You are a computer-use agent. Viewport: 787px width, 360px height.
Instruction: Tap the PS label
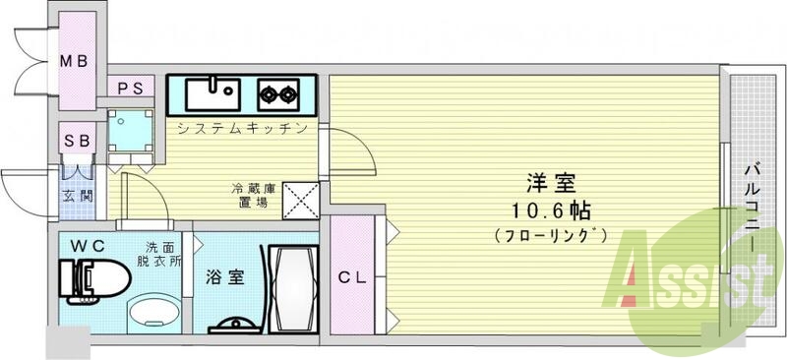(131, 88)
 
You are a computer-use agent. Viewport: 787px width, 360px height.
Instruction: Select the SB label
(78, 141)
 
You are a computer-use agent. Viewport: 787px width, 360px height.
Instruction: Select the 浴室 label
(225, 278)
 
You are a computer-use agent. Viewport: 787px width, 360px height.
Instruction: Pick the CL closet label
(352, 278)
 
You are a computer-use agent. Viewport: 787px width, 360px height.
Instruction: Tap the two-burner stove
(278, 95)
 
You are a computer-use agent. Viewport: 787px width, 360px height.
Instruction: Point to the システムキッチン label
(242, 129)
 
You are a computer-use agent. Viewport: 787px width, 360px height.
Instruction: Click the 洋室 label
(550, 184)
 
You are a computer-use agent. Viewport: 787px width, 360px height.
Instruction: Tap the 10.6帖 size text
(550, 210)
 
